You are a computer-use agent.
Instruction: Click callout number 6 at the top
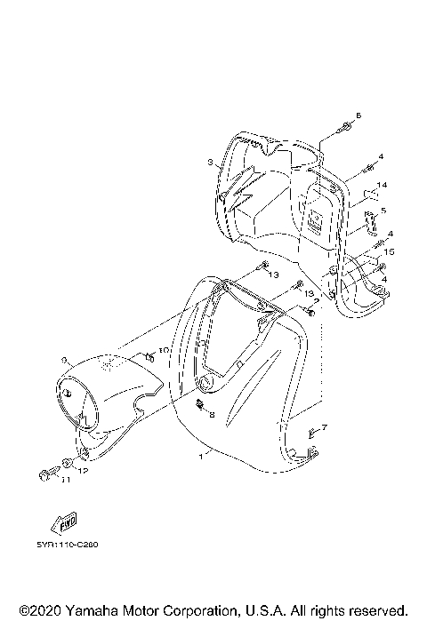[x=359, y=116]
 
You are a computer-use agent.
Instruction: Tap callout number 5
[x=383, y=211]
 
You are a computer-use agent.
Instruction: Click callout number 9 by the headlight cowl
[x=65, y=359]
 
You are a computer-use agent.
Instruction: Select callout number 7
[x=324, y=427]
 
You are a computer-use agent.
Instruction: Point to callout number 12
[x=82, y=471]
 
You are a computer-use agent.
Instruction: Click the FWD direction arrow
[x=65, y=520]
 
